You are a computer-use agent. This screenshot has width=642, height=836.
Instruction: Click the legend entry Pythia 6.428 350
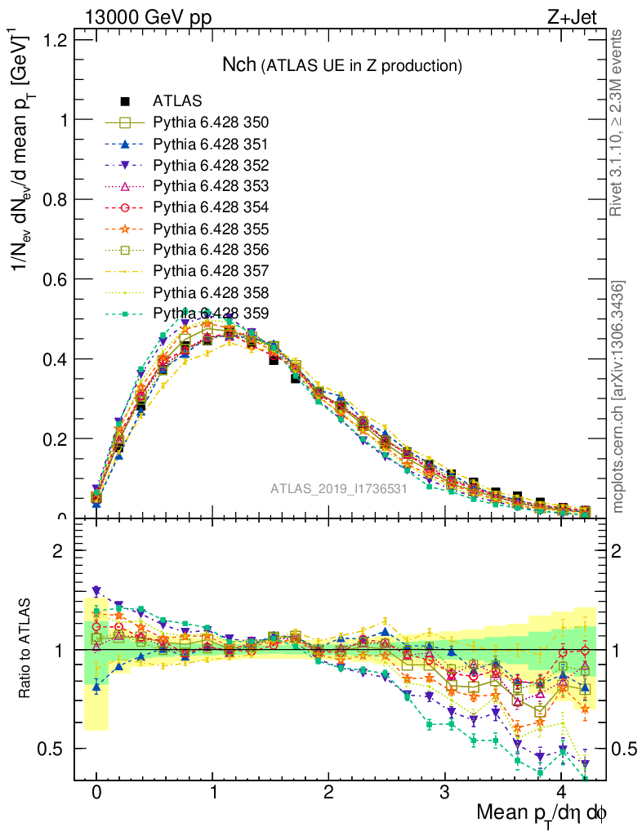tap(211, 123)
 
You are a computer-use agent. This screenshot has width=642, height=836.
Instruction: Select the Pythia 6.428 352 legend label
tap(211, 166)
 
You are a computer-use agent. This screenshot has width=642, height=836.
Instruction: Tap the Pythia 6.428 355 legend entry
tap(211, 229)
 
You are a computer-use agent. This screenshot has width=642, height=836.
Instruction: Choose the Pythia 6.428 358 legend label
tap(211, 292)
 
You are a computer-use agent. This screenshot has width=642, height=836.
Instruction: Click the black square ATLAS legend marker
tap(126, 102)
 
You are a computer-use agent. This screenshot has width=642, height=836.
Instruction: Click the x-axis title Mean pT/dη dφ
tap(542, 814)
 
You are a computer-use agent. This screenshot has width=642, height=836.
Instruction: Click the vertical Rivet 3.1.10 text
tap(618, 123)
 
